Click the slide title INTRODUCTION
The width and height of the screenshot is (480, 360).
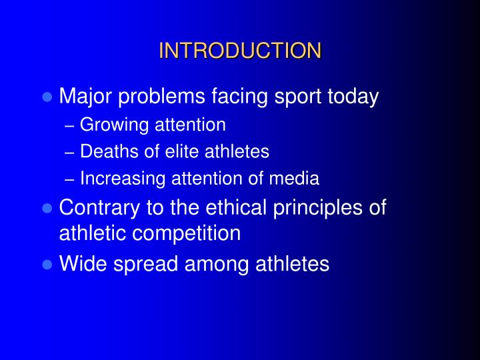pos(240,51)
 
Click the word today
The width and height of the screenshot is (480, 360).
pos(353,98)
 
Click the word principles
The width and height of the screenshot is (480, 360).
pos(319,208)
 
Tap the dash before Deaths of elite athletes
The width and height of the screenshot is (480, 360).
pos(71,153)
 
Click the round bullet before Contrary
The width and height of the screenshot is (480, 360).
pos(47,208)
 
